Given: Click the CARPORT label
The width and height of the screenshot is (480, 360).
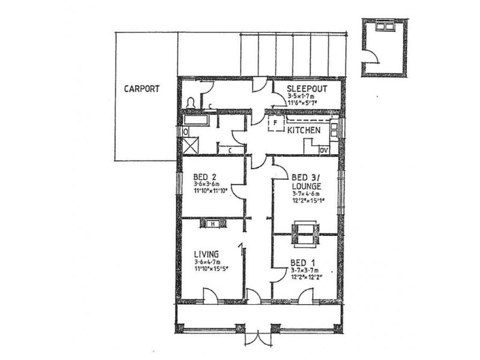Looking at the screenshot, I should (141, 89).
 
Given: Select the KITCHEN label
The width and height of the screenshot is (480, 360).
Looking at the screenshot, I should (304, 130).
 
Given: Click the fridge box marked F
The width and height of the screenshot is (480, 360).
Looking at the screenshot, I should (275, 125).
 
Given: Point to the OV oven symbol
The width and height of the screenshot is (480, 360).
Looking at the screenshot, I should (324, 150).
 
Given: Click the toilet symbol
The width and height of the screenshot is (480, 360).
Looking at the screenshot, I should (191, 103).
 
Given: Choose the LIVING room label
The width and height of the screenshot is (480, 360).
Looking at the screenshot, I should (205, 254).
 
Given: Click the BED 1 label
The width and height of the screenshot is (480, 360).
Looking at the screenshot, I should (302, 263).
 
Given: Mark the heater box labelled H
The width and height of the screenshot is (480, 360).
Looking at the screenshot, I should (213, 224).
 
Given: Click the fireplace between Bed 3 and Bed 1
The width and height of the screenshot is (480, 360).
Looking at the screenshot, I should (305, 233).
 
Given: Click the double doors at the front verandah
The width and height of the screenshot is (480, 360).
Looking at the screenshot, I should (259, 338).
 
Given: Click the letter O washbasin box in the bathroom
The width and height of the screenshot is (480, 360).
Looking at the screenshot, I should (186, 131).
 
